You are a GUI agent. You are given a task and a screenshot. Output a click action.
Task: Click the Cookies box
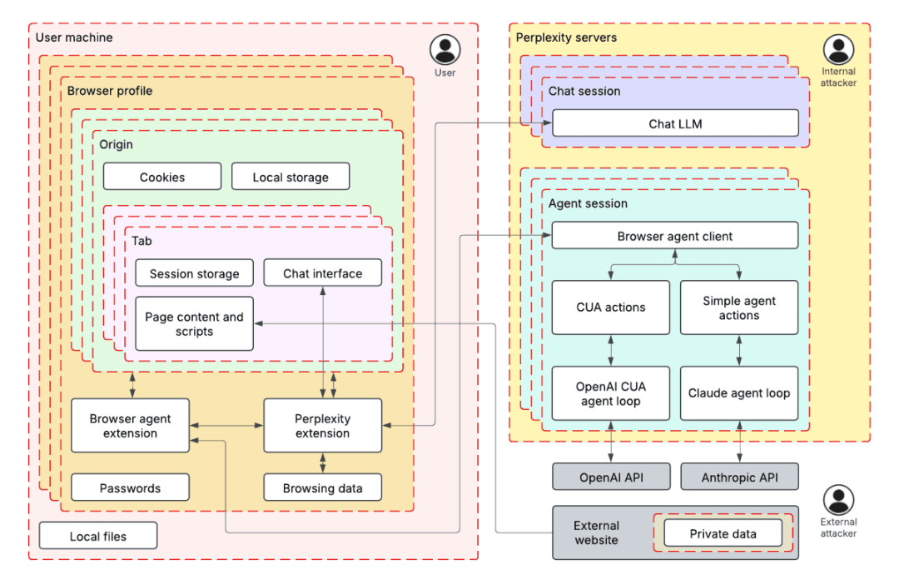point(162,177)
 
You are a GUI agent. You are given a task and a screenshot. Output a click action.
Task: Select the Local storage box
point(290,177)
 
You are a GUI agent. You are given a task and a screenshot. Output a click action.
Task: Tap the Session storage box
point(194,273)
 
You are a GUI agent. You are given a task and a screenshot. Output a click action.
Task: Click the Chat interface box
point(323,273)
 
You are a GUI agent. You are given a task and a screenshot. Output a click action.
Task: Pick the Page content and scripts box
point(194,324)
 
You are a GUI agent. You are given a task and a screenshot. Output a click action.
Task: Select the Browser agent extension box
point(130,426)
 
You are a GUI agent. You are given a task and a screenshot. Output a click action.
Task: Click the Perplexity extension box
point(322,426)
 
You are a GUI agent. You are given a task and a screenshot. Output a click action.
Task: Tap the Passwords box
point(130,487)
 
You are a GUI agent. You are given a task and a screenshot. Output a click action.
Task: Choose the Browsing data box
point(322,487)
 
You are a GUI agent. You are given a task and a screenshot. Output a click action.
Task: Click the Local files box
point(98,536)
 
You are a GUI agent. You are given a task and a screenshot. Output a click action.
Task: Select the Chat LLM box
point(675,123)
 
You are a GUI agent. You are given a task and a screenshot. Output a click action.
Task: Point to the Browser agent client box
point(675,236)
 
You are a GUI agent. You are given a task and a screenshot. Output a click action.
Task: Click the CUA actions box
point(611,307)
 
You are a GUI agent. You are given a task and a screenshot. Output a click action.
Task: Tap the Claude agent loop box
point(739,392)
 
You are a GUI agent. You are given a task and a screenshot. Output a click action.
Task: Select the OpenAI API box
point(611,477)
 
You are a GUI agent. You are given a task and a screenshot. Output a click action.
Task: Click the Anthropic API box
point(739,477)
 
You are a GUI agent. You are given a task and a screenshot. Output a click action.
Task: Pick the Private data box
point(723,533)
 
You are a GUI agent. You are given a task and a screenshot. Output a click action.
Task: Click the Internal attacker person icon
point(838,50)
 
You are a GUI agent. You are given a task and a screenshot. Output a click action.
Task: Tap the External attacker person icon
point(838,500)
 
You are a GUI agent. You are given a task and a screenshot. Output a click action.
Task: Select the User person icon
point(445,49)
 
